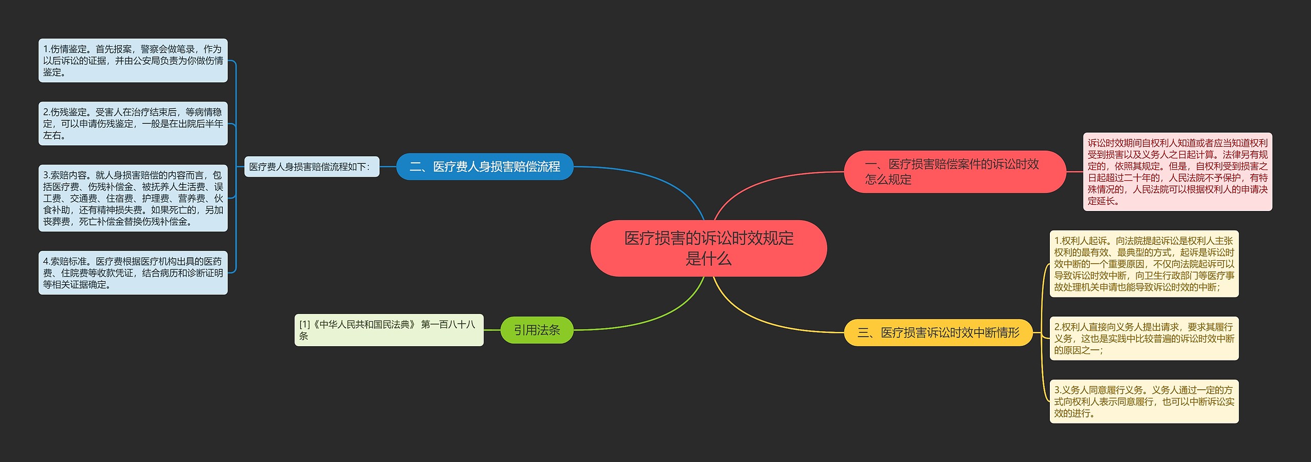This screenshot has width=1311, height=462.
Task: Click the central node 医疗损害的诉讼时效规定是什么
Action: (x=708, y=248)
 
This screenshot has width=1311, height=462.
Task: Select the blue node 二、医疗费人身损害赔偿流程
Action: (x=484, y=166)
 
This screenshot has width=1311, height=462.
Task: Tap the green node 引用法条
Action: (x=537, y=330)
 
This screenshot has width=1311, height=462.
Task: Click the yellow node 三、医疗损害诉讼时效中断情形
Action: (x=938, y=332)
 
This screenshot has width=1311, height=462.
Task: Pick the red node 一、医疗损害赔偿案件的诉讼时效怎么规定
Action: (x=954, y=172)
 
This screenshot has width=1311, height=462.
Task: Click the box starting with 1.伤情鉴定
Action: (x=133, y=60)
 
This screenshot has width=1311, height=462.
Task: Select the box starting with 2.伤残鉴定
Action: (x=133, y=123)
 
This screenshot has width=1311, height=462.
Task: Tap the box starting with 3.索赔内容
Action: (x=133, y=198)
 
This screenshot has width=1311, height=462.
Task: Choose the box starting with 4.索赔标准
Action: (x=133, y=272)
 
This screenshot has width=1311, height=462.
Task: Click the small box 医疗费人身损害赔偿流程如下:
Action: (x=311, y=166)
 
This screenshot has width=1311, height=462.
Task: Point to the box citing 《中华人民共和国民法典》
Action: (x=389, y=330)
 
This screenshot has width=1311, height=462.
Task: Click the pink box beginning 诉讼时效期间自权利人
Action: (x=1177, y=172)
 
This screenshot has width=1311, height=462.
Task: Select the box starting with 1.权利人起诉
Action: (x=1144, y=264)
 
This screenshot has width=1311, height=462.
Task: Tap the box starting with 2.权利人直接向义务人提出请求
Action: (x=1144, y=338)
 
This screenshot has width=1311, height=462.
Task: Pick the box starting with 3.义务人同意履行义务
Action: (x=1144, y=401)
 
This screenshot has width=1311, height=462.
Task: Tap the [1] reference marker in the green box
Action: (x=305, y=324)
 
